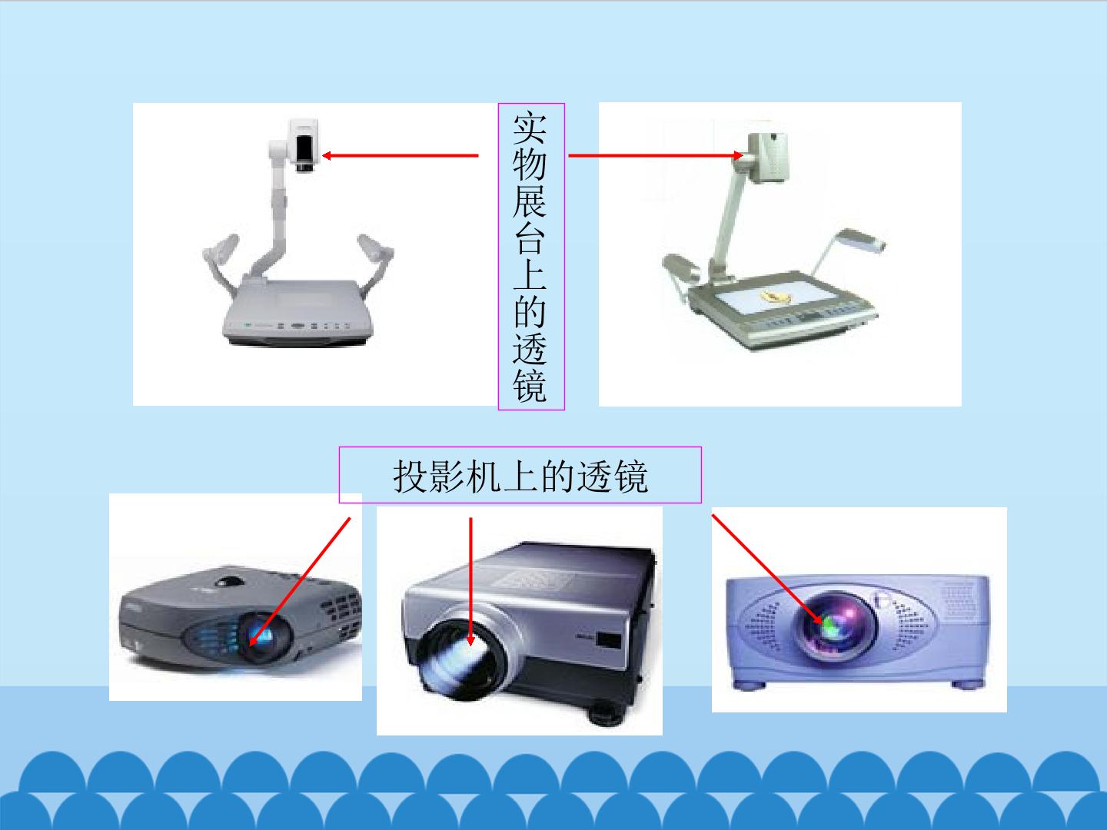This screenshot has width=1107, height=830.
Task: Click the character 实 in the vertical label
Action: click(x=530, y=128)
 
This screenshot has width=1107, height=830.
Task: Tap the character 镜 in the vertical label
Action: click(x=530, y=386)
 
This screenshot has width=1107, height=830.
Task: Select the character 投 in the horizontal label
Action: click(x=411, y=476)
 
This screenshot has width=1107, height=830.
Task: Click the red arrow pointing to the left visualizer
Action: click(x=400, y=156)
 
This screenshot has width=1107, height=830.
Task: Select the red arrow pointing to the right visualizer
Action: click(x=656, y=156)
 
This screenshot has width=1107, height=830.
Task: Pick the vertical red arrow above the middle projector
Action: click(x=470, y=581)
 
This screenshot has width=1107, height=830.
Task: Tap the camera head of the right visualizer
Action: click(x=767, y=157)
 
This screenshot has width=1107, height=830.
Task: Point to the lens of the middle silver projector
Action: click(x=461, y=660)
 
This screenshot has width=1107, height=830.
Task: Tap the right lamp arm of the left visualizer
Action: click(x=376, y=263)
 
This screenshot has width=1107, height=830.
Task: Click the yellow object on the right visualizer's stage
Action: click(x=775, y=297)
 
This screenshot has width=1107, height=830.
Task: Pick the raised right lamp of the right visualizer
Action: click(x=860, y=240)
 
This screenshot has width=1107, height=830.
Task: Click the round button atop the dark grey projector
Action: click(x=230, y=582)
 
